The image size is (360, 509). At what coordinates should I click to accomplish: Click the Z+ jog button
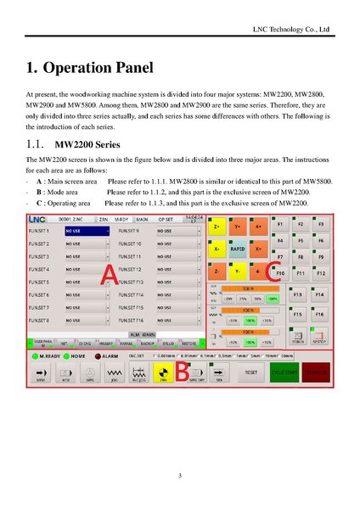pyautogui.click(x=217, y=227)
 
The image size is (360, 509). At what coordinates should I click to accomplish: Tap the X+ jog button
pyautogui.click(x=258, y=249)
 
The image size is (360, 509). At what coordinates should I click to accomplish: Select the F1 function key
pyautogui.click(x=281, y=224)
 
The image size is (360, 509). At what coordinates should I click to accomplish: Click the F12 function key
pyautogui.click(x=321, y=274)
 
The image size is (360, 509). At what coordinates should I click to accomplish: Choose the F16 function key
pyautogui.click(x=319, y=314)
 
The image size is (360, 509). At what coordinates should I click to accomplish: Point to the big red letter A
pyautogui.click(x=108, y=272)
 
